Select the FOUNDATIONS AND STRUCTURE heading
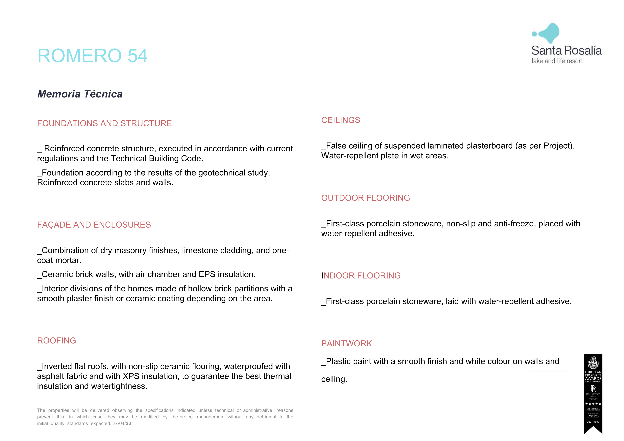[104, 123]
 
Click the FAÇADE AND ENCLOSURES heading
[94, 225]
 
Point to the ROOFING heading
[57, 341]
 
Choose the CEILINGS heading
[341, 120]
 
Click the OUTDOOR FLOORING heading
[365, 198]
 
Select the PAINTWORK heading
[346, 344]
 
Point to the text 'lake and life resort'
[557, 61]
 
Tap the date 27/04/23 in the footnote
[122, 424]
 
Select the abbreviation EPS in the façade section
[207, 275]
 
